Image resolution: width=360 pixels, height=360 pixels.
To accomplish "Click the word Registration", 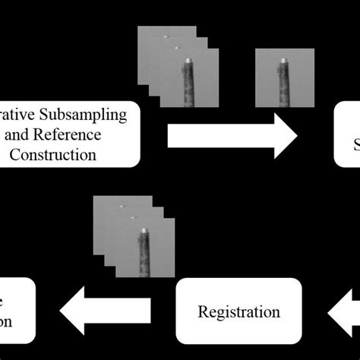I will coord(239,311).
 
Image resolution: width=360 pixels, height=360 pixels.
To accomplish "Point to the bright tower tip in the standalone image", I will coord(283,60).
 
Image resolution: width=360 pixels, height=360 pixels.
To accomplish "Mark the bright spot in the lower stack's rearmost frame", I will coord(120,204).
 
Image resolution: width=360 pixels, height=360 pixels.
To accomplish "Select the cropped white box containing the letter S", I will coord(347,134).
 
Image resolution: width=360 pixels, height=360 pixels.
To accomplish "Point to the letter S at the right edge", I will coord(354,144).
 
